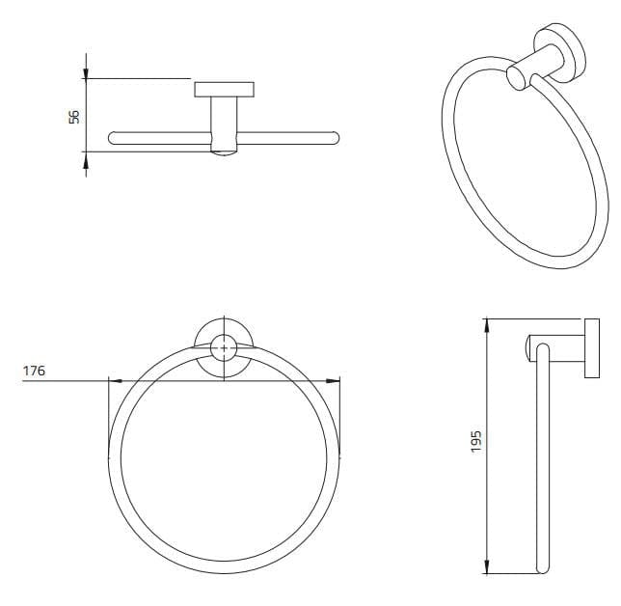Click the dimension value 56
tap(73, 116)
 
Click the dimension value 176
tap(35, 370)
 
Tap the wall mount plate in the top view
tap(224, 91)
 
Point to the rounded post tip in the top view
tap(224, 151)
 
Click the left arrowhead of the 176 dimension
tap(113, 380)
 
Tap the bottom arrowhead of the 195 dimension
tap(487, 569)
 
